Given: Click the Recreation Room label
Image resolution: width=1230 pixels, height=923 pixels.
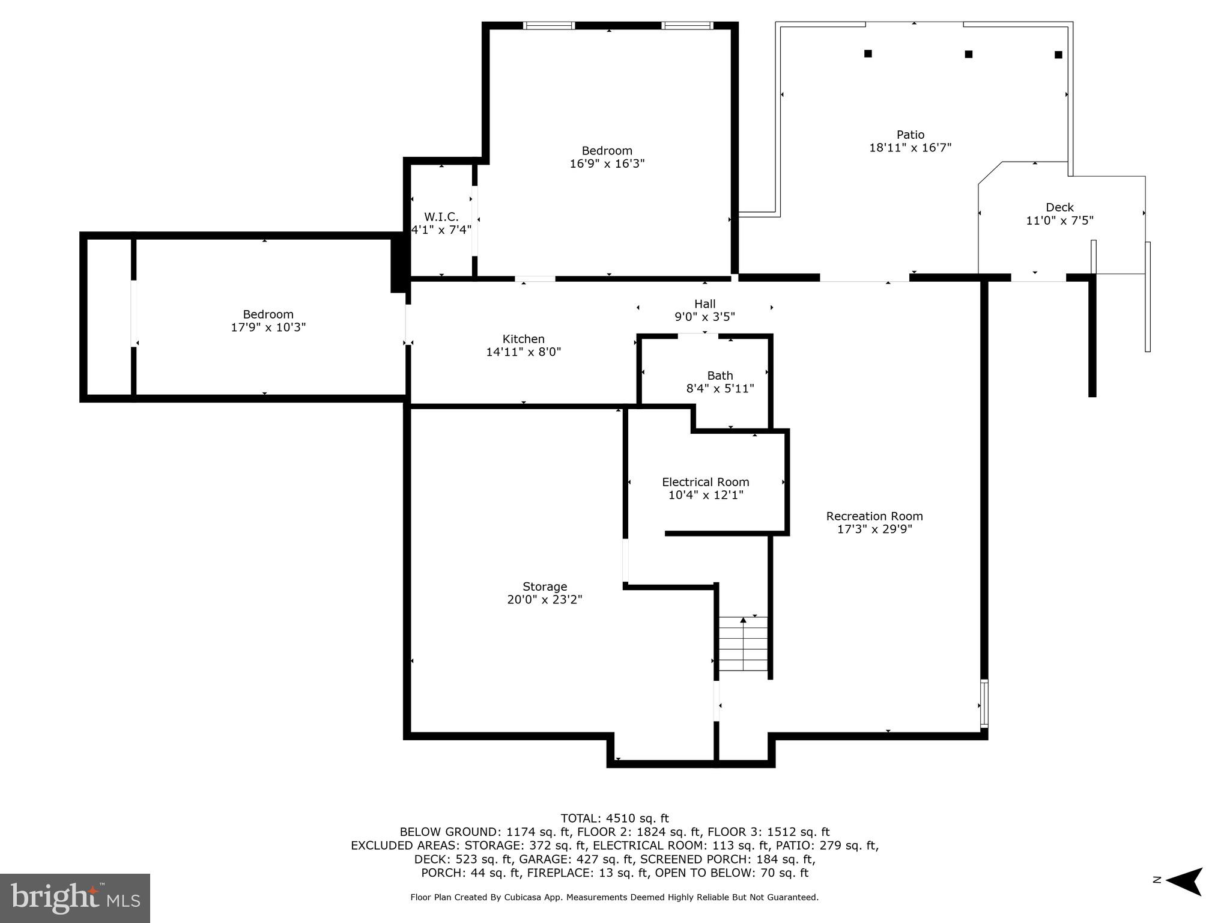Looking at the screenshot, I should tap(874, 516).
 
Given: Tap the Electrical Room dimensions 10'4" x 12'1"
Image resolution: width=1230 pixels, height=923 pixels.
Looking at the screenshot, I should tap(706, 495).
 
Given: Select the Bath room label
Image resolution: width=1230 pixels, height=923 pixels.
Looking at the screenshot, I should tap(720, 376).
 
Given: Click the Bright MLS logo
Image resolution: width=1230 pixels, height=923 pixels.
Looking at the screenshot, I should tap(74, 898).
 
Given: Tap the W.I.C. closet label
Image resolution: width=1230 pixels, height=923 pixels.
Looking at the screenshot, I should tap(441, 217).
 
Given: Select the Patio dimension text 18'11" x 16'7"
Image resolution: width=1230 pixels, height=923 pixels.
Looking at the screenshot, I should tap(910, 148).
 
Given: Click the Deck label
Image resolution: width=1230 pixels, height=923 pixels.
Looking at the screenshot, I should tap(1059, 207).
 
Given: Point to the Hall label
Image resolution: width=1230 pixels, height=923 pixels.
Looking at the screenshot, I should tap(704, 304).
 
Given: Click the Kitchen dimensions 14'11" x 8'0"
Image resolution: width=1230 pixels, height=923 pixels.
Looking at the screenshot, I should tap(523, 352).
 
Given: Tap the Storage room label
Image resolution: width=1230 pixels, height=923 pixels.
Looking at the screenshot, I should tap(544, 586).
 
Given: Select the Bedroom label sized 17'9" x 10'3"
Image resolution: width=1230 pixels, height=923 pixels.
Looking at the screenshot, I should tap(268, 314).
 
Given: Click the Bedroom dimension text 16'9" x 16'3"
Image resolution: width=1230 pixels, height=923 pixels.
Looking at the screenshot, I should tap(607, 163).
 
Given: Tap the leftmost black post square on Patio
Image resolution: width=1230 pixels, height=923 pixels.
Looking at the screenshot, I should tap(868, 53).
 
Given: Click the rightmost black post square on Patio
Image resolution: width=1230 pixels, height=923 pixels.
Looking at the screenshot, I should tap(1058, 55).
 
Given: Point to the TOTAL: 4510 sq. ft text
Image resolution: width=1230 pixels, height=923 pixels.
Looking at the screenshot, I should tap(614, 818).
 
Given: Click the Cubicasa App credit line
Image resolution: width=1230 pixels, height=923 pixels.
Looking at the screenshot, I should tap(614, 897).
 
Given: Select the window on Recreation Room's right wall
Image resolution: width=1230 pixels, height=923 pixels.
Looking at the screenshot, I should tap(984, 703).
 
